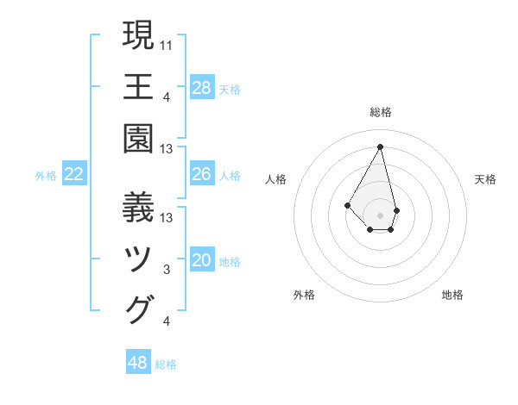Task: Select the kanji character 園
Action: [139, 138]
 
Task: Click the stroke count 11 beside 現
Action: [167, 45]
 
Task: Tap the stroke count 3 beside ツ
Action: [167, 270]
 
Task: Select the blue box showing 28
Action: [202, 88]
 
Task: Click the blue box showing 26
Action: [202, 175]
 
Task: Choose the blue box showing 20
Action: [202, 261]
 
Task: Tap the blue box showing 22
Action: [74, 175]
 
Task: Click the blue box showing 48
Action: [138, 363]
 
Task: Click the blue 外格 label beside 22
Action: [46, 176]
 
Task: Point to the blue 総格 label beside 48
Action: [166, 364]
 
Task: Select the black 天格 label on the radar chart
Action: [486, 179]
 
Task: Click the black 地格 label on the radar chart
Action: [452, 296]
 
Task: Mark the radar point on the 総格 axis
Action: [380, 146]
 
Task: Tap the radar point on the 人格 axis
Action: [347, 204]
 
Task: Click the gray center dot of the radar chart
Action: [380, 215]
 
